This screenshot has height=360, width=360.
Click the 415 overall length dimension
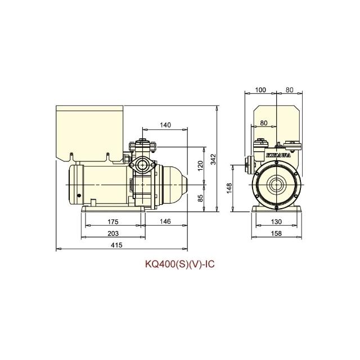tap(116, 245)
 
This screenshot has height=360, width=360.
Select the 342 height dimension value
tap(214, 159)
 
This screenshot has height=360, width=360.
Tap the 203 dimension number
tap(113, 233)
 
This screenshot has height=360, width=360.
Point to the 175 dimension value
tap(113, 222)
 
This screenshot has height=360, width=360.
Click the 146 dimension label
tap(165, 221)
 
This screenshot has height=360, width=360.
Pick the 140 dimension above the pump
tap(165, 125)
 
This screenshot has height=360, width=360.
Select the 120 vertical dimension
tap(200, 166)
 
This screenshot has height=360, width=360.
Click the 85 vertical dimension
tap(200, 198)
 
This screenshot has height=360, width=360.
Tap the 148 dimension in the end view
tap(229, 188)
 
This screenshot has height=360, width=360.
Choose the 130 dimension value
tap(276, 222)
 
